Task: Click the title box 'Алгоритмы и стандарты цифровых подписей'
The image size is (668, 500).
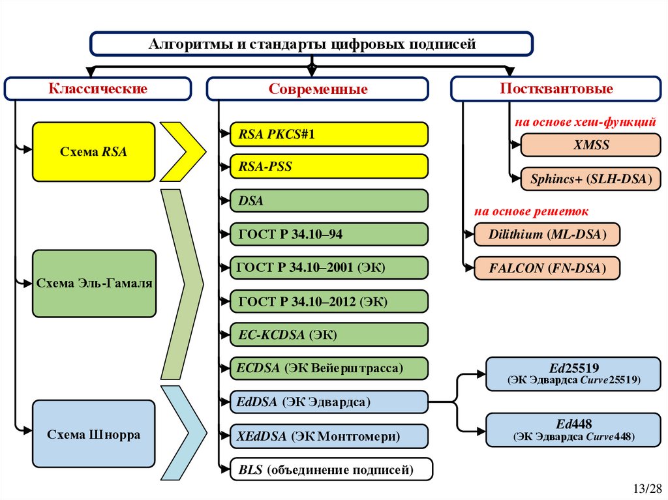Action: click(311, 44)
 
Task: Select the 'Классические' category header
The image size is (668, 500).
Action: click(98, 89)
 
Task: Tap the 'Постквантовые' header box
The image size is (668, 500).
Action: click(556, 89)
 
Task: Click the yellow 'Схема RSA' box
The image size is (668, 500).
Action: click(93, 152)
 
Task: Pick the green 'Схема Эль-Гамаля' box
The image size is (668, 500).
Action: click(94, 284)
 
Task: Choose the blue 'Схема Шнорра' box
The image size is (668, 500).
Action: click(94, 434)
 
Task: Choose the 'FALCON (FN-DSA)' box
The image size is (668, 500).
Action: click(547, 268)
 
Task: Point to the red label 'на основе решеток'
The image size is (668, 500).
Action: click(531, 212)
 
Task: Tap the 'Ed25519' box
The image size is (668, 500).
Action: click(573, 374)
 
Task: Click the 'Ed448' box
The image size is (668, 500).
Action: click(573, 430)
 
